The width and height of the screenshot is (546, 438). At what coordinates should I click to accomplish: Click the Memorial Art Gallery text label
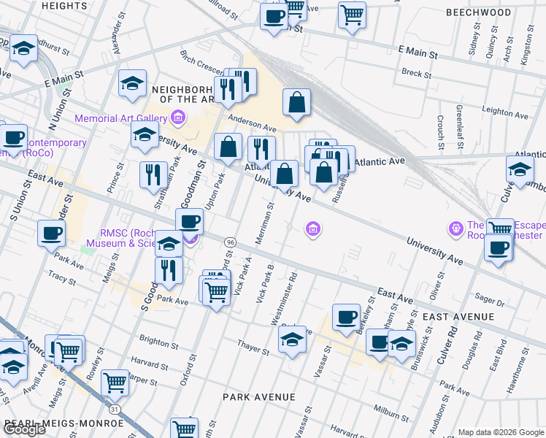[x=120, y=118]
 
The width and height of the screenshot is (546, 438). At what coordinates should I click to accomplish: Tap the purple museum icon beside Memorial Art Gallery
[x=177, y=118]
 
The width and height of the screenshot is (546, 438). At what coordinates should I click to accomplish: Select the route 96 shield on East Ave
[x=230, y=242]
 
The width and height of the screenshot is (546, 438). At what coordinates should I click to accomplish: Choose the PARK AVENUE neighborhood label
[x=259, y=397]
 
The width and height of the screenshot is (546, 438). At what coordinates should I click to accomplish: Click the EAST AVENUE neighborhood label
[x=458, y=317]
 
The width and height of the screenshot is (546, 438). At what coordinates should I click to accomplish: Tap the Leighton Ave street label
[x=504, y=111]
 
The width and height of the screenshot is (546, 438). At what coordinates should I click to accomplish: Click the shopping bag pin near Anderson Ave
[x=296, y=104]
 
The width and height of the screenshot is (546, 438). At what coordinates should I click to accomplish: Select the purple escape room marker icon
[x=457, y=228]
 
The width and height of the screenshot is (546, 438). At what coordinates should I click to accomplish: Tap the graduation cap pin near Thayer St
[x=292, y=340]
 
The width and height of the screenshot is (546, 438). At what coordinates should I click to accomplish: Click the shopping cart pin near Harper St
[x=115, y=381]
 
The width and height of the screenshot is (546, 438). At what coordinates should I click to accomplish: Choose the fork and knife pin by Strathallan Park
[x=153, y=175]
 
